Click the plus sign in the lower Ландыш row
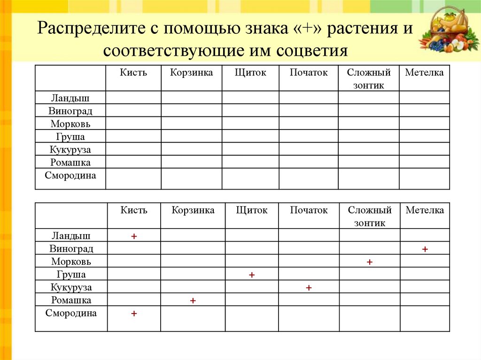134,237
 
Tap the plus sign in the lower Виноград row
425,249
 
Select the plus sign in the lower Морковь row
370,262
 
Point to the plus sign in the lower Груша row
252,275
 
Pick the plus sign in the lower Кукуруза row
309,288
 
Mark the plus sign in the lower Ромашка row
193,300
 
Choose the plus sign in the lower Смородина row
134,313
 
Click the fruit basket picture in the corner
449,31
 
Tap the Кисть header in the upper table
133,72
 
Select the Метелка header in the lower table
425,210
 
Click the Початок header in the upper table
309,72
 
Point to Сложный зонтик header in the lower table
370,216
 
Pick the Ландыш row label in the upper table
70,98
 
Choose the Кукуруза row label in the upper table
70,150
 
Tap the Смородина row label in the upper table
70,176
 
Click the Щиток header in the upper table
250,72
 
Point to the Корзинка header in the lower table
193,210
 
